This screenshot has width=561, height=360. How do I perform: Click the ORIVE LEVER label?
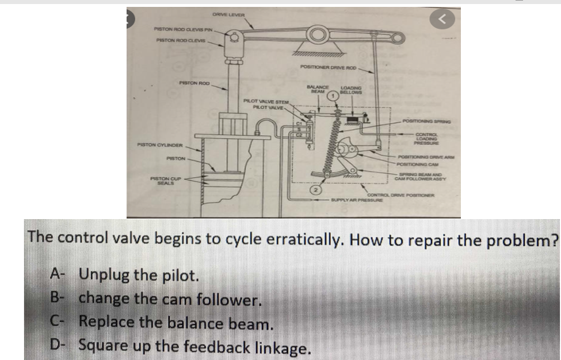[228, 14]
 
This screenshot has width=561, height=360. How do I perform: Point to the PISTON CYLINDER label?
[159, 145]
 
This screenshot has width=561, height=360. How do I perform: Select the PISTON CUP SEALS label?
[165, 181]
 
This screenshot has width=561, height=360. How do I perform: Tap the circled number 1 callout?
[333, 97]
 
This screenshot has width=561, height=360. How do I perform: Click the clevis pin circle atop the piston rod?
[234, 37]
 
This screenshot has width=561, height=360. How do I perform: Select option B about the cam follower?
[170, 298]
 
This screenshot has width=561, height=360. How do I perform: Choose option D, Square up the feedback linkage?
[194, 347]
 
